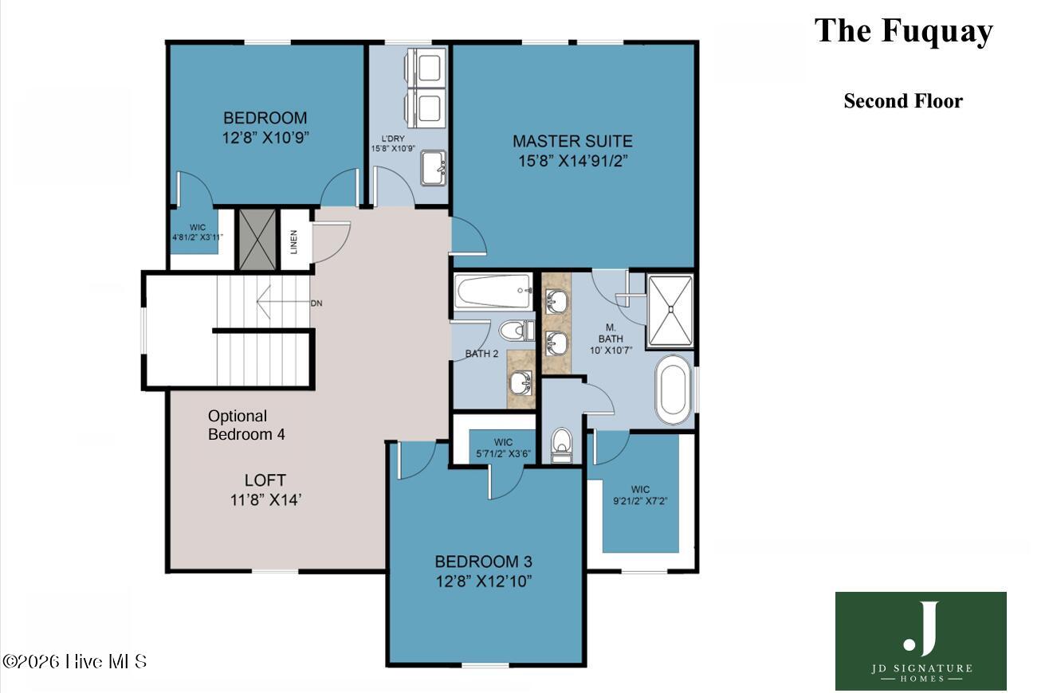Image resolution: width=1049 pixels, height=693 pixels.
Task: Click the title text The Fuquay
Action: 903,31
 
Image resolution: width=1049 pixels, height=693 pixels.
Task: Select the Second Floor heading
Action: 903,101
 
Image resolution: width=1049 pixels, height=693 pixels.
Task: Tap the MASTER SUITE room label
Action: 572,141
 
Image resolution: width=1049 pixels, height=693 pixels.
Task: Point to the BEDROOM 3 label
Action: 483,562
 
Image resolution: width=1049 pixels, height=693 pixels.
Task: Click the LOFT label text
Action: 265,480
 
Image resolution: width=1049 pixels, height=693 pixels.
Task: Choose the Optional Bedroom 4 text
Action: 246,425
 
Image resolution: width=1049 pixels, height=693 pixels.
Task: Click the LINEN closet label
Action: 294,242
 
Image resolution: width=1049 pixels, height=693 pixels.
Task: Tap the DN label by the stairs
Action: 316,303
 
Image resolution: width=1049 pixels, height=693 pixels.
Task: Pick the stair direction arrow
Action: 283,301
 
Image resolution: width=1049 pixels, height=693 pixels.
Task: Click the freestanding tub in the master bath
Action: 674,390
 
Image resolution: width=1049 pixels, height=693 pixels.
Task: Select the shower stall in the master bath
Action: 670,310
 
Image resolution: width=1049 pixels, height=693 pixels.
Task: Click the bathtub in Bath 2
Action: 493,291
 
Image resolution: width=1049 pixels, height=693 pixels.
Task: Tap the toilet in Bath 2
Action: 517,331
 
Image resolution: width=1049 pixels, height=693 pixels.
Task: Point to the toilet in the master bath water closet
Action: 562,445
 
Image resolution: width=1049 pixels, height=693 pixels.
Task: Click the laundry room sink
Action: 433,167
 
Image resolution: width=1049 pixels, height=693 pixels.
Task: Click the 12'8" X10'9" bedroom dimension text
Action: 265,138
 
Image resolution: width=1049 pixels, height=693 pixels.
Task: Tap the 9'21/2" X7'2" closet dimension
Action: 640,501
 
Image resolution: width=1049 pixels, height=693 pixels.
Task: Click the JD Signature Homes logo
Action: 921,641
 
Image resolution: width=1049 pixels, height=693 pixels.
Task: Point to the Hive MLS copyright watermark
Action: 75,661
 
